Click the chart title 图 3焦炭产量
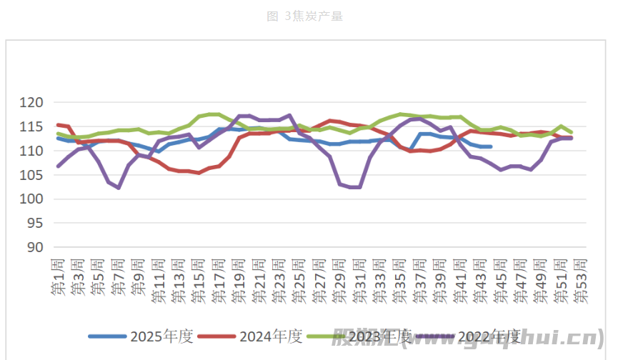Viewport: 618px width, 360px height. tap(305, 16)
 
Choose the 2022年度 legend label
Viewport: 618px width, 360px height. tap(489, 336)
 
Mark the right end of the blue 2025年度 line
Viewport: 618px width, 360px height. tap(490, 146)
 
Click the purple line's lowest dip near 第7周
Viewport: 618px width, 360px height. tap(119, 188)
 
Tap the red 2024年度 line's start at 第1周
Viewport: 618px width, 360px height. tap(58, 125)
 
